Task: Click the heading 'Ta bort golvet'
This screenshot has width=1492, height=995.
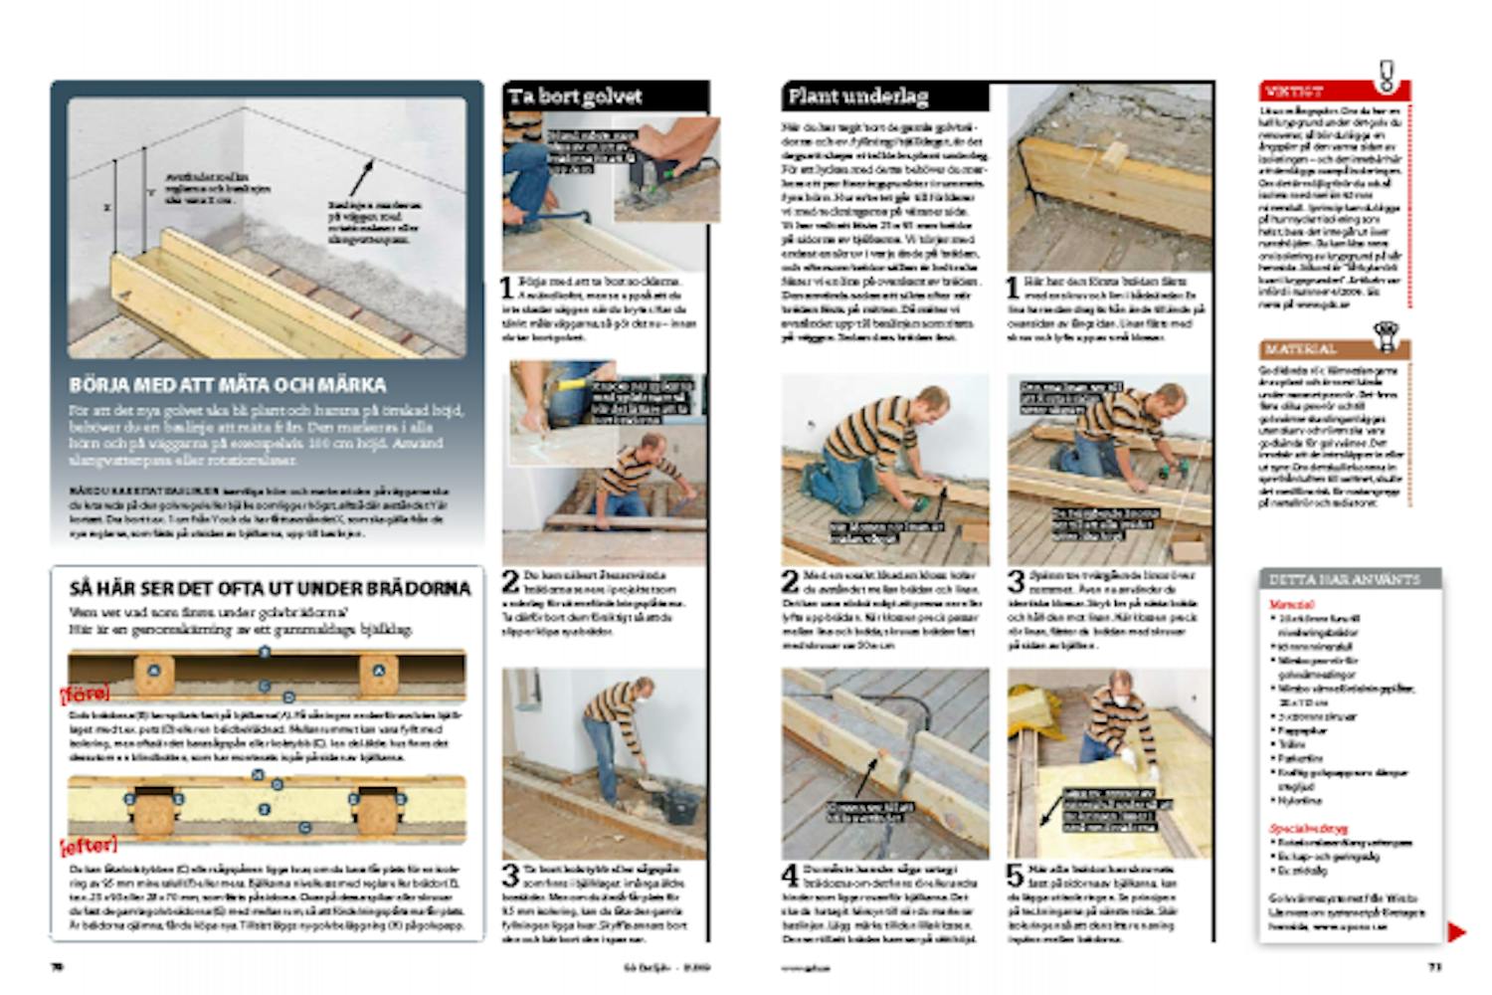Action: pyautogui.click(x=575, y=97)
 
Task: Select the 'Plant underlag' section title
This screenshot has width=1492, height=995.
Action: pyautogui.click(x=857, y=97)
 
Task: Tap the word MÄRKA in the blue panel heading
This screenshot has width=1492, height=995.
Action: pyautogui.click(x=347, y=385)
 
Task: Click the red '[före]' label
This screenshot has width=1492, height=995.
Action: pyautogui.click(x=86, y=693)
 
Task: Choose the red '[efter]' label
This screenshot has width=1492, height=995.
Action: pyautogui.click(x=90, y=846)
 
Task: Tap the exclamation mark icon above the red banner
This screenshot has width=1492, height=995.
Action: pyautogui.click(x=1386, y=75)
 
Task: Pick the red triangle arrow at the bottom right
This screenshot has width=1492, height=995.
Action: pyautogui.click(x=1456, y=932)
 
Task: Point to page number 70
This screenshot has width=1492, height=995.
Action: pyautogui.click(x=58, y=966)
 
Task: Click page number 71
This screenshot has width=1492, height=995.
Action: pyautogui.click(x=1434, y=966)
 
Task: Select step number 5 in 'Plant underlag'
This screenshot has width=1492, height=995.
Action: pyautogui.click(x=1015, y=876)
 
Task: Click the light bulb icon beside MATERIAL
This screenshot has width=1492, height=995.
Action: pyautogui.click(x=1385, y=336)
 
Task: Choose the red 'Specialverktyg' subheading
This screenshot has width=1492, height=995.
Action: pyautogui.click(x=1308, y=828)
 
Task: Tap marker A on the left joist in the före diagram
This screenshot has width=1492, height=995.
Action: pyautogui.click(x=154, y=671)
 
